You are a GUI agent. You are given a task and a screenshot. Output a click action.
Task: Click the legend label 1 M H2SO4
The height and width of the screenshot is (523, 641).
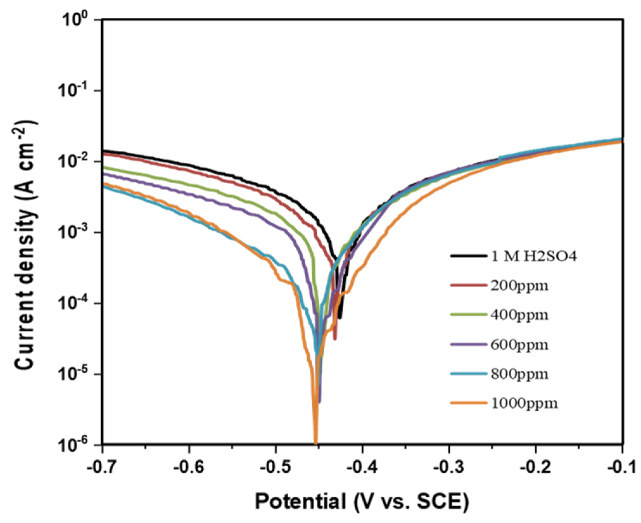click(534, 256)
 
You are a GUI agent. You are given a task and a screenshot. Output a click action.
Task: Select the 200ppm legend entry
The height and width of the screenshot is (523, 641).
click(519, 286)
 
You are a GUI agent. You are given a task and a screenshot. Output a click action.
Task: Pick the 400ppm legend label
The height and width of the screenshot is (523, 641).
click(519, 315)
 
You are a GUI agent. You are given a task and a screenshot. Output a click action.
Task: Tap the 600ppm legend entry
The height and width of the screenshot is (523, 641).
click(519, 344)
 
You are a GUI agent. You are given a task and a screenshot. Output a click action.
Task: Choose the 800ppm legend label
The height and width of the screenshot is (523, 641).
click(519, 374)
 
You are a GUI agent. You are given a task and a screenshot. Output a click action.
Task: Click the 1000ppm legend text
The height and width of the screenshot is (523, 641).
click(524, 403)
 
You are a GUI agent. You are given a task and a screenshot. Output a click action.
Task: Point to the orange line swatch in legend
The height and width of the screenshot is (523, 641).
click(468, 403)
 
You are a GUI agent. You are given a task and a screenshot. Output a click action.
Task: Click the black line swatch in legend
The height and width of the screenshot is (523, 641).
click(468, 256)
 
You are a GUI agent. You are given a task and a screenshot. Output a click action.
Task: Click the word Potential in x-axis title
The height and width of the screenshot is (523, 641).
click(301, 502)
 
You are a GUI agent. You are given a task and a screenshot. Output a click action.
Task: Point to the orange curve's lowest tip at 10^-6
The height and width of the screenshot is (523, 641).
click(315, 443)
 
